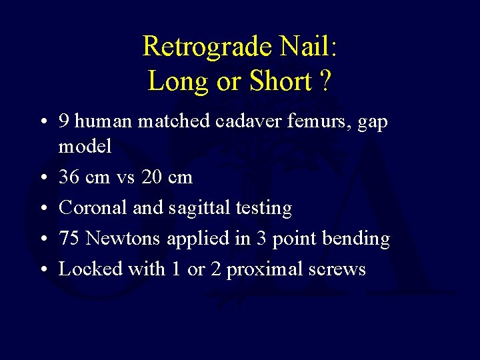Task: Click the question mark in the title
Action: (x=325, y=81)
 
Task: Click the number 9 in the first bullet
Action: (x=65, y=121)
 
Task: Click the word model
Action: (x=85, y=147)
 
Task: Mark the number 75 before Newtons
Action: (x=69, y=239)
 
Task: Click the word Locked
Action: (x=87, y=269)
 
